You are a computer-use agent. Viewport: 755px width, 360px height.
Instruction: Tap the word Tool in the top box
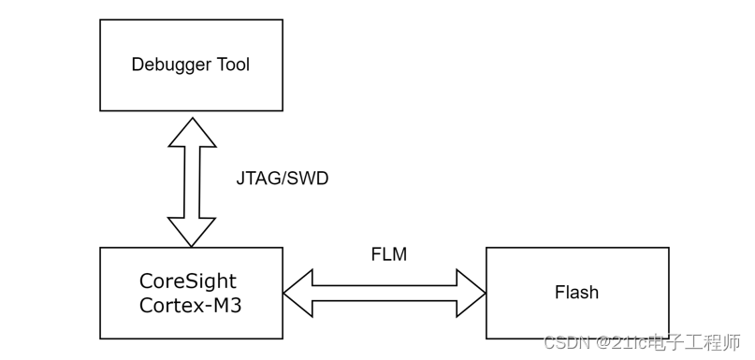(x=232, y=65)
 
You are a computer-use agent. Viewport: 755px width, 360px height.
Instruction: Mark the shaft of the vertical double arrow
(x=192, y=182)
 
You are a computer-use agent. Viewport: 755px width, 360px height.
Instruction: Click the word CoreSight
(x=188, y=281)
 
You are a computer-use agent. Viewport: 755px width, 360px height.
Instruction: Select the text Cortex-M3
(x=191, y=304)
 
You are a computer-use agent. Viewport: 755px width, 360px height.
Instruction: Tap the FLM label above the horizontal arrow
(x=388, y=254)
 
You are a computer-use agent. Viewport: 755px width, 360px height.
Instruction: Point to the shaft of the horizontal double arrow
(x=385, y=293)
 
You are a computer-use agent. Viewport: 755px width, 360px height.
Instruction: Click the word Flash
(x=576, y=293)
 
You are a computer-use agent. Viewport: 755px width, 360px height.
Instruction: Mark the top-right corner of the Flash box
(x=669, y=248)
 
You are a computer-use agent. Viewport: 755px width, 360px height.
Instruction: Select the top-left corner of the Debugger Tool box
(x=100, y=20)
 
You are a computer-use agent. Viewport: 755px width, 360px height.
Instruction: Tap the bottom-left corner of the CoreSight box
(x=100, y=338)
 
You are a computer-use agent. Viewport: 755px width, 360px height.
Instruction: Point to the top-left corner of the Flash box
(x=486, y=248)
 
